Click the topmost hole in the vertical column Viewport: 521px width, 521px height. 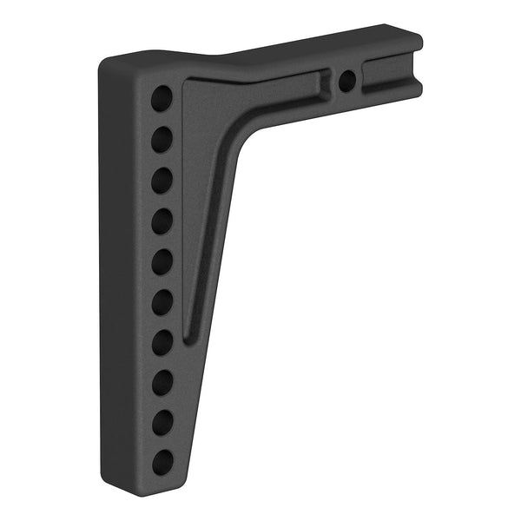pos(162,98)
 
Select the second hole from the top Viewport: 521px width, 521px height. pos(162,140)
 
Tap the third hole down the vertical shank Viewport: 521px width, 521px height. pos(162,181)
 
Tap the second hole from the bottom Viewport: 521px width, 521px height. pos(162,423)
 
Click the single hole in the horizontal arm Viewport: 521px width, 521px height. pos(346,82)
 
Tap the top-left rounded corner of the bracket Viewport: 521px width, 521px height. pos(108,66)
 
